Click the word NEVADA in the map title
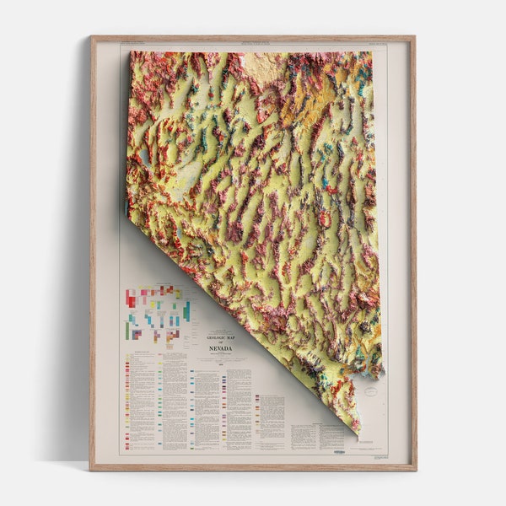(x=220, y=347)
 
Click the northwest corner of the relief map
(x=131, y=53)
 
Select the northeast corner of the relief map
(x=372, y=53)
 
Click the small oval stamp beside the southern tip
(x=370, y=391)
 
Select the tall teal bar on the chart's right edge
(x=186, y=310)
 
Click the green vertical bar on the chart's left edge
(x=127, y=330)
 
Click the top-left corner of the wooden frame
(x=92, y=36)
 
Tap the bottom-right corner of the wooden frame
(x=415, y=469)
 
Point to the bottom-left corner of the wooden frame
(x=92, y=469)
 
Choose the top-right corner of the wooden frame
(x=415, y=36)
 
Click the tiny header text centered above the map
(x=253, y=43)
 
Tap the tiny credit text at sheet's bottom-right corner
(x=379, y=456)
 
